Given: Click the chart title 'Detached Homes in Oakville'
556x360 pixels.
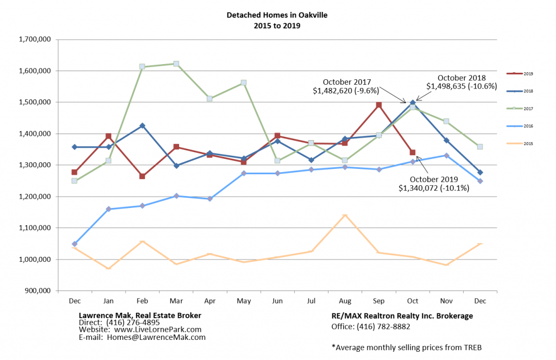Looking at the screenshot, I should (277, 15).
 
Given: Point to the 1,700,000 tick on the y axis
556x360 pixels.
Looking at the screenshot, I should (35, 39).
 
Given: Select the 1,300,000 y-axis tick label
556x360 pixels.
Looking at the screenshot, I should (35, 165).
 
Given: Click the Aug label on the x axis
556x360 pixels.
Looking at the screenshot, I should (344, 300).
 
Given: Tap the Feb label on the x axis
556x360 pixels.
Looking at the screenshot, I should (142, 300).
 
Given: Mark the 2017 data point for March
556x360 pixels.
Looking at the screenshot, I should (176, 64).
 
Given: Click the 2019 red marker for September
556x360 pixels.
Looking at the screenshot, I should (379, 105).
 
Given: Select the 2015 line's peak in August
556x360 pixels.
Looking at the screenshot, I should (345, 216).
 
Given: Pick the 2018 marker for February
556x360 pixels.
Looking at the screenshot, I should (142, 125).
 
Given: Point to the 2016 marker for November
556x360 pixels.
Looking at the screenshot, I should (446, 155).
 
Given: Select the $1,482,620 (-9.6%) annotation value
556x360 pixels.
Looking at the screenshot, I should (346, 92).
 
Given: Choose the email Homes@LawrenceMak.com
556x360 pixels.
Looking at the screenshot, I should (142, 337).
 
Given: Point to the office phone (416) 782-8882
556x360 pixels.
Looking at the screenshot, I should (371, 326).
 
